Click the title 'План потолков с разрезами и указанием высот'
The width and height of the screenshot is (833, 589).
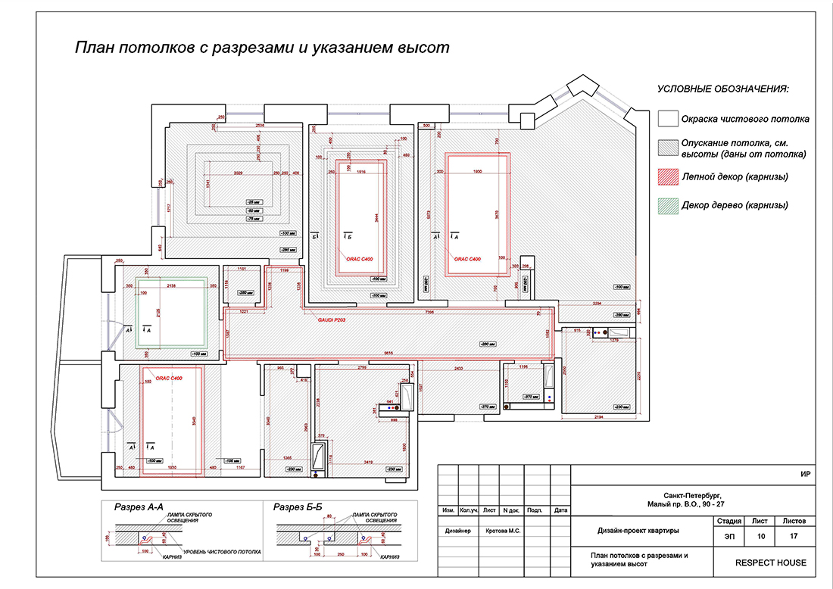click(261, 48)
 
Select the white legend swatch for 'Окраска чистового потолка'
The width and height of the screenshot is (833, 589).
click(666, 119)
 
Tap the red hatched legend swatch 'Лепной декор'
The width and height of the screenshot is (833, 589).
click(666, 176)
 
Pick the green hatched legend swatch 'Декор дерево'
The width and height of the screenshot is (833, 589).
click(666, 204)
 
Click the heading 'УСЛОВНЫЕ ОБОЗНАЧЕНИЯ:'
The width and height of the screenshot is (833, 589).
click(722, 89)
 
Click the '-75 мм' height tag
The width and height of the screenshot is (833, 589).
click(253, 218)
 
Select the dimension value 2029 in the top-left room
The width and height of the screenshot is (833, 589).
click(239, 173)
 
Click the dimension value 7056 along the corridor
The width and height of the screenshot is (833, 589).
click(429, 311)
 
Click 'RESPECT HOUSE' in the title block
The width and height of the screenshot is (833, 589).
click(770, 563)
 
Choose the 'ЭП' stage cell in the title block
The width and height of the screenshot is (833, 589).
click(728, 536)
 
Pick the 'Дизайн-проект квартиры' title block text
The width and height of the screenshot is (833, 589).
click(638, 529)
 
